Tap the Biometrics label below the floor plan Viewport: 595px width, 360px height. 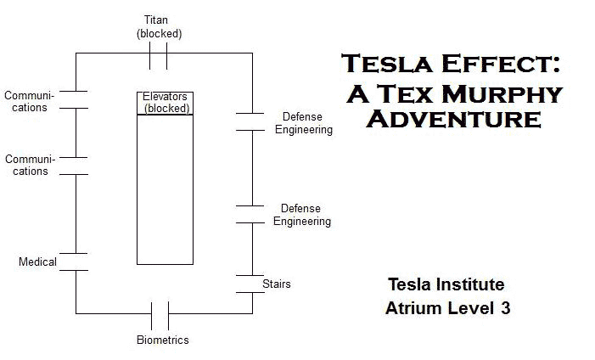162,340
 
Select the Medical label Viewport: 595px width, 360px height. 37,262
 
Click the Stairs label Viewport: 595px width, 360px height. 276,284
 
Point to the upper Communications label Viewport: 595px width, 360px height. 25,101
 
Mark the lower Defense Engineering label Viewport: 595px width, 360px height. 301,215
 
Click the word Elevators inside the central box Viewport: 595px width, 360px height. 165,97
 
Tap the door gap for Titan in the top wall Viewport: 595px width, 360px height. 159,55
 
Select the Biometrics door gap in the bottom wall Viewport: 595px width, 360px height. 160,314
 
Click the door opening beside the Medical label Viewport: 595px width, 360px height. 76,262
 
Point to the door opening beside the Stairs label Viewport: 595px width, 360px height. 252,284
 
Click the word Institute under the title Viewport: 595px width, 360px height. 474,284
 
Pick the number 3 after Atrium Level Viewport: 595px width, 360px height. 505,308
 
